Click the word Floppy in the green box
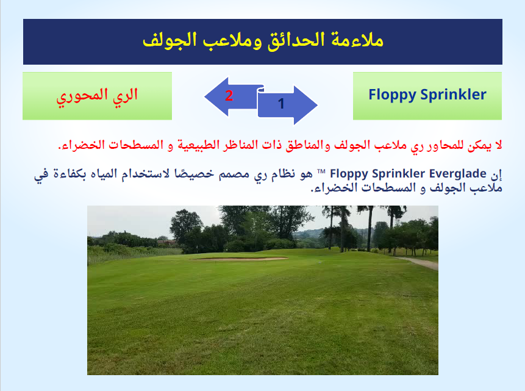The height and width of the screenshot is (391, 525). [392, 95]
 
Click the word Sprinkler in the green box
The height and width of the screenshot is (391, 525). [453, 95]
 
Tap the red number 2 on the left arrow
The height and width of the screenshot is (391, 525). [229, 96]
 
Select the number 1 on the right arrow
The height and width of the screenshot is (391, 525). [281, 104]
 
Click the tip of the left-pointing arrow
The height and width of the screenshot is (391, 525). [205, 97]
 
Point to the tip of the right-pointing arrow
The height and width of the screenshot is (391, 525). [317, 105]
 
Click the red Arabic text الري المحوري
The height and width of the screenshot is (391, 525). [97, 96]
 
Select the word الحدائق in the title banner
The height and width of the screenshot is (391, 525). [296, 40]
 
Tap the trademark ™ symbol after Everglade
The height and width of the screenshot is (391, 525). [321, 171]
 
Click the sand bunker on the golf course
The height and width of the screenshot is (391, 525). [240, 258]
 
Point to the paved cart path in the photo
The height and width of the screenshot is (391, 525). [418, 262]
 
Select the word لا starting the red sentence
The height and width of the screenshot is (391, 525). [498, 145]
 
